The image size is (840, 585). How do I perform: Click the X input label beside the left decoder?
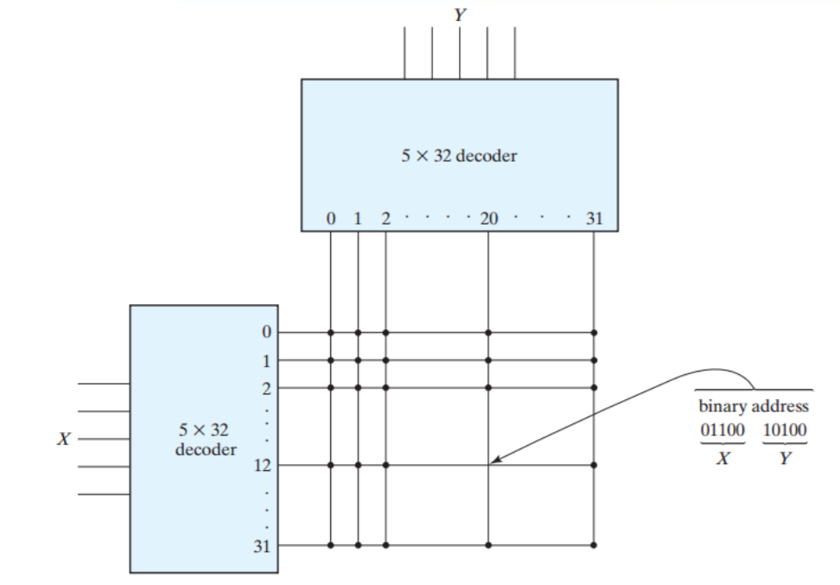tap(63, 439)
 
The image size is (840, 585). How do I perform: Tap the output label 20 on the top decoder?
tap(489, 219)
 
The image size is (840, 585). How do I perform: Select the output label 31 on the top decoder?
tap(595, 219)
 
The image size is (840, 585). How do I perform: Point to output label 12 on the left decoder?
tap(262, 466)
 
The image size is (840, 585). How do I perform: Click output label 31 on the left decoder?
tap(262, 546)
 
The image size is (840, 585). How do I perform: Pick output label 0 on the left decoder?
tap(266, 332)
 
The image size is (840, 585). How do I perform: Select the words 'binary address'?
tap(754, 405)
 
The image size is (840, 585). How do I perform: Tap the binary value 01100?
tap(722, 429)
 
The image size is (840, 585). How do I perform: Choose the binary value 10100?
tap(785, 429)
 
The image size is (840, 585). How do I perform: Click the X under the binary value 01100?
tap(722, 459)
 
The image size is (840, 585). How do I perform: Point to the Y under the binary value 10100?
tap(785, 459)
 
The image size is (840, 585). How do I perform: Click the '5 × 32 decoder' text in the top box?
tap(459, 156)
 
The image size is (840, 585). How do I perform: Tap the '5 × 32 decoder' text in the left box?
tap(205, 439)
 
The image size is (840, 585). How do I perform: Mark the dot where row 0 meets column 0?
tap(330, 332)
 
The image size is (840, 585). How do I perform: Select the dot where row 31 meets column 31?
tap(594, 545)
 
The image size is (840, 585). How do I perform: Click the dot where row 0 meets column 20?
tap(488, 332)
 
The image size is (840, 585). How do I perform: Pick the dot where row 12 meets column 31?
tap(594, 466)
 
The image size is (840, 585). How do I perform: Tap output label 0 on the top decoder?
tap(330, 219)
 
